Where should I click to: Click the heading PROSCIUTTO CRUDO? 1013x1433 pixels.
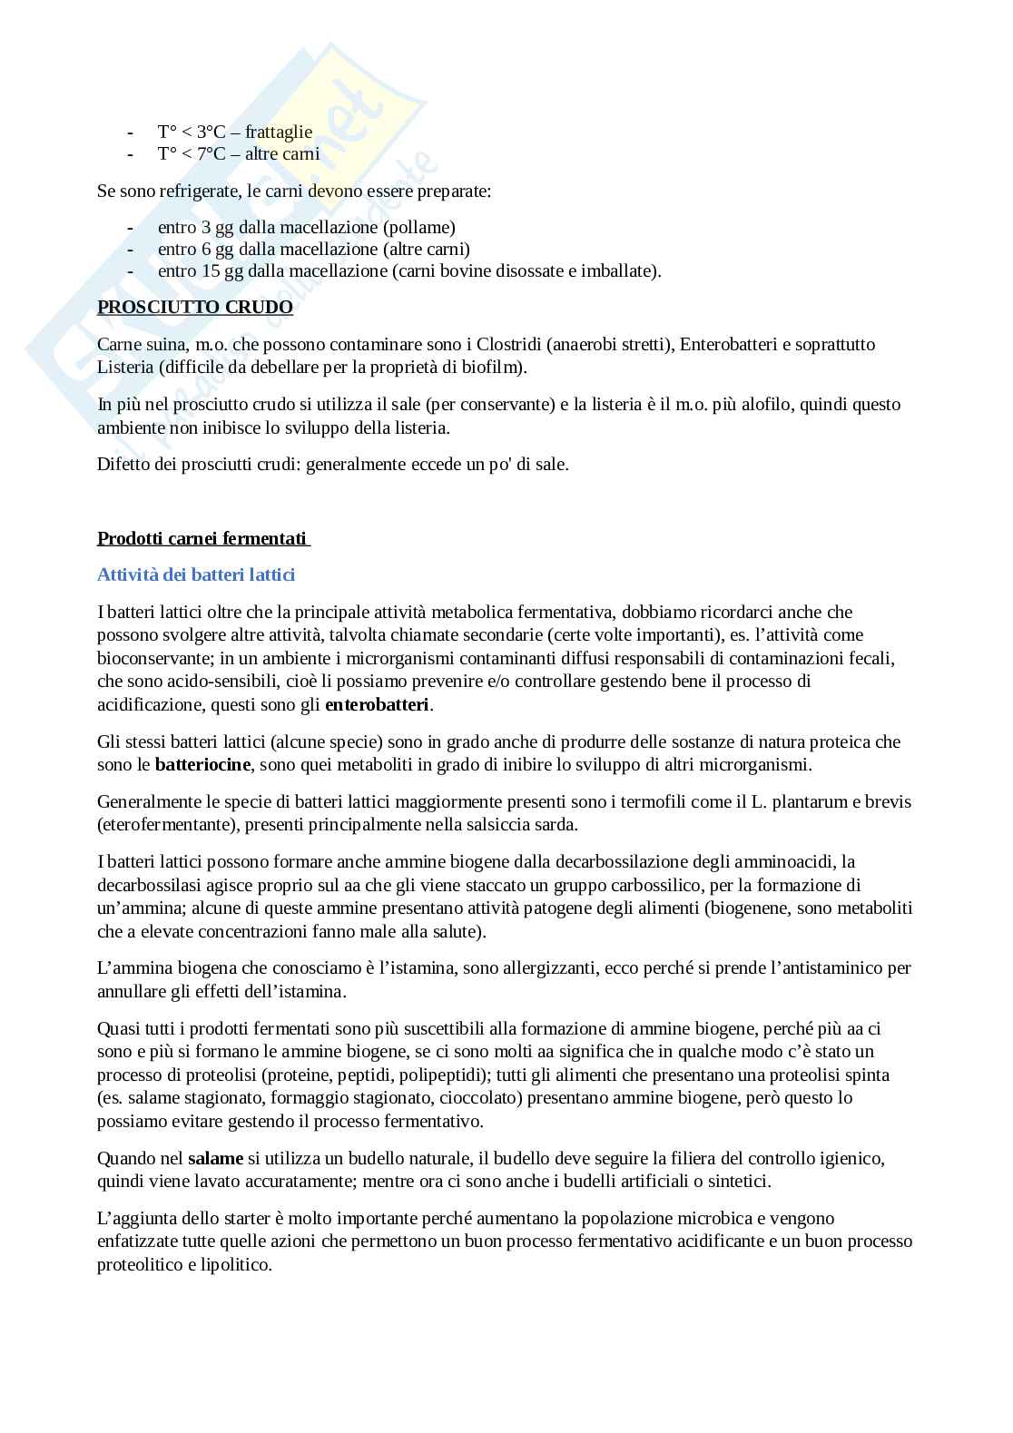pos(195,307)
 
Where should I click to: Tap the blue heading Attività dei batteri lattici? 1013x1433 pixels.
pos(196,574)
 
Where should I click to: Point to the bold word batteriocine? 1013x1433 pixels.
pos(202,764)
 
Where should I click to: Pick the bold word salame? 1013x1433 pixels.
pos(215,1158)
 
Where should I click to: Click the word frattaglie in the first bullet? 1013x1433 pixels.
pos(279,132)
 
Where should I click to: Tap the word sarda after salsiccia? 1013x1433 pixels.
pos(556,824)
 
